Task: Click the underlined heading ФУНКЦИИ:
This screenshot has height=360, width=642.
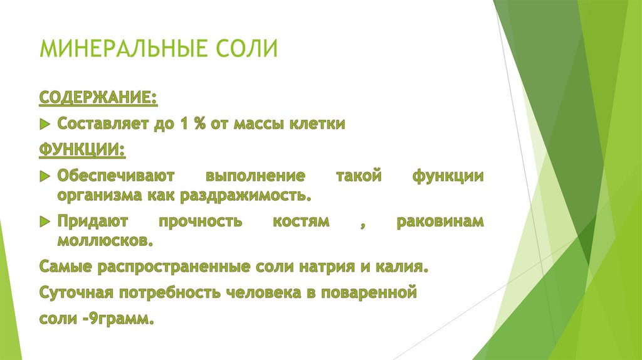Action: point(82,150)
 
